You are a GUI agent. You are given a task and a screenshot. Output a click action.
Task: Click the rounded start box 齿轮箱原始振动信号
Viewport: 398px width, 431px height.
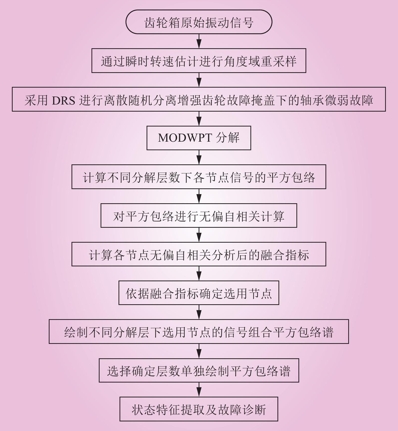[199, 22]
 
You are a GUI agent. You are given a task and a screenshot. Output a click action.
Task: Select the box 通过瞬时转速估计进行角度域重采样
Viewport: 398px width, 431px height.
[199, 61]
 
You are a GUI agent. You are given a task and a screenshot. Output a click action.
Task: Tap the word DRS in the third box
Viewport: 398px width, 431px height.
[63, 100]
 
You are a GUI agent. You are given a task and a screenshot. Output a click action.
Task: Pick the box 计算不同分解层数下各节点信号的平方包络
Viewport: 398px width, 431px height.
[199, 177]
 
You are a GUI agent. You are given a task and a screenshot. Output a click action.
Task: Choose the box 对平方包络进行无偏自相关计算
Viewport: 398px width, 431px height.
[199, 216]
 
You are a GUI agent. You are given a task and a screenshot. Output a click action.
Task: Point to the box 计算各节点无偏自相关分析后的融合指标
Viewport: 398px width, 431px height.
[199, 254]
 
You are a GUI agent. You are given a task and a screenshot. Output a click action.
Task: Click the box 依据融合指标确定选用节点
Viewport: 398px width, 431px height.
[199, 293]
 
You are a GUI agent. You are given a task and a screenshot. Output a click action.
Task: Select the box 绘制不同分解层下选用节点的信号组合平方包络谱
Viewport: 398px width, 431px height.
[199, 332]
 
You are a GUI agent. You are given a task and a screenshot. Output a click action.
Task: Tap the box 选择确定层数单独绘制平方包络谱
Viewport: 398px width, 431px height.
[199, 370]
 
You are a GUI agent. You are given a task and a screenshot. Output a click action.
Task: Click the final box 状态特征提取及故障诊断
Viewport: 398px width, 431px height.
[199, 409]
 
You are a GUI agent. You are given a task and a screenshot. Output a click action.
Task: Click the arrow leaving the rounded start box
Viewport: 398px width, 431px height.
[199, 41]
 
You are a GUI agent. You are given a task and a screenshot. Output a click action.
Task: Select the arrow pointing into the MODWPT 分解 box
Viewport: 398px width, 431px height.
[199, 119]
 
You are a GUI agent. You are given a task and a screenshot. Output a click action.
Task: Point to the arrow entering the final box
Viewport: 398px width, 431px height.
[199, 390]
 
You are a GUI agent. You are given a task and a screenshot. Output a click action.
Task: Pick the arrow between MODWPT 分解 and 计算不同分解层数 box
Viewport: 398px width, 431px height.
[199, 157]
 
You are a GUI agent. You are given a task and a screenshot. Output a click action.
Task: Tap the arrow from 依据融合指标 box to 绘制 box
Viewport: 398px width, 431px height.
[199, 312]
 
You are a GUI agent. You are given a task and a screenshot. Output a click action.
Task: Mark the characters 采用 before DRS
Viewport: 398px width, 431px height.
[36, 100]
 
